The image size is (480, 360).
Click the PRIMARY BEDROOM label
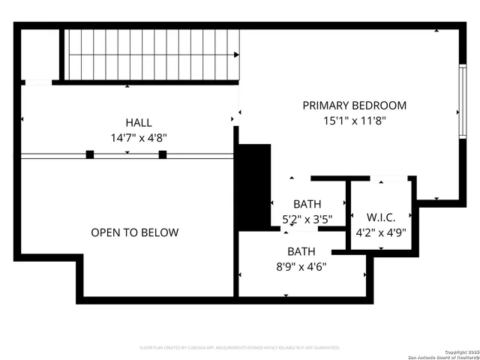coord(354,106)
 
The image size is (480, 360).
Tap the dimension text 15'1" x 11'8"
coord(354,120)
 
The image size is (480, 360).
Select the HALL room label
coord(138,123)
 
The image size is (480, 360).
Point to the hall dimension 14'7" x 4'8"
coord(138,137)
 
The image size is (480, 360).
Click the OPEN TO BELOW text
coord(135,232)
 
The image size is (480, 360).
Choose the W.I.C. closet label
coord(381,217)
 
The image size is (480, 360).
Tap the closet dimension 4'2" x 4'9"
coord(381,232)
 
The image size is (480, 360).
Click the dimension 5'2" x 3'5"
coord(307,219)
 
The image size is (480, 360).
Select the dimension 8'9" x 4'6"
coord(301,265)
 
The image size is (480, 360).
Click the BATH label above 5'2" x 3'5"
coord(307,204)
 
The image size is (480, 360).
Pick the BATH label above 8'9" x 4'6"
coord(301,251)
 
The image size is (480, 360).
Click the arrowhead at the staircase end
coord(236,55)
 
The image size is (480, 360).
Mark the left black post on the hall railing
coord(90,154)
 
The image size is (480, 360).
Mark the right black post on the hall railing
coord(162,154)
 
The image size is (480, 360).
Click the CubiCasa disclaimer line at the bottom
coord(240,348)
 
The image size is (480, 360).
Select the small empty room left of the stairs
coord(40,54)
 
